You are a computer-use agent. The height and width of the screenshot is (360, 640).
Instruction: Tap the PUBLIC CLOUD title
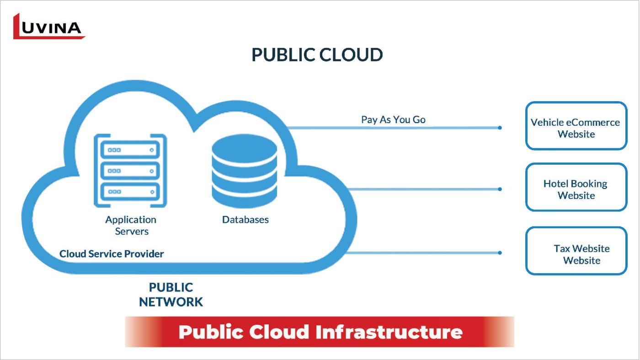tap(317, 55)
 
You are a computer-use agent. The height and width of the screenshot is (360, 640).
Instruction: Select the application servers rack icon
tap(130, 170)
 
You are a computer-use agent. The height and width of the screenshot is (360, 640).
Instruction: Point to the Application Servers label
tap(131, 226)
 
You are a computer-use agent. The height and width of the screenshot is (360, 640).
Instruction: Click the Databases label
tap(245, 220)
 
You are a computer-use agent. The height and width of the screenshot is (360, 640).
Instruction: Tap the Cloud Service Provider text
tap(112, 253)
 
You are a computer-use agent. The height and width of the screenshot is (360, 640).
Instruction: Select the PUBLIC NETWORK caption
tap(171, 295)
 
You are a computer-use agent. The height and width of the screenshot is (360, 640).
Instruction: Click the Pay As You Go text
tap(393, 120)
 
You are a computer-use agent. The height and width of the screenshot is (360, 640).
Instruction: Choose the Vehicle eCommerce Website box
tap(576, 126)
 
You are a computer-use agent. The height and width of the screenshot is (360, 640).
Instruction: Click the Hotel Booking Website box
tap(576, 187)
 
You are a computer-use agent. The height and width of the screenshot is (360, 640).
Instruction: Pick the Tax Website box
tap(576, 251)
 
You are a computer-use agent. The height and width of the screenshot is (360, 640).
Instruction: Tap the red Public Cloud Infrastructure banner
tap(320, 332)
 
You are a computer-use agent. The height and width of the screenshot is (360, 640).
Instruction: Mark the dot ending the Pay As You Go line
tap(500, 128)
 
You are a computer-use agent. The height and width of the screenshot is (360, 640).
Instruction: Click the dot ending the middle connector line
tap(500, 189)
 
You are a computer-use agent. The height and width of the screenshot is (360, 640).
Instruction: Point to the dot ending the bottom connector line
tap(500, 253)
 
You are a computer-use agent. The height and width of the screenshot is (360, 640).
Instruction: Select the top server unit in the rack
tap(130, 150)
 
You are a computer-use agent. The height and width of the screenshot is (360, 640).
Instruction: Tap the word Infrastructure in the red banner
tap(389, 332)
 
